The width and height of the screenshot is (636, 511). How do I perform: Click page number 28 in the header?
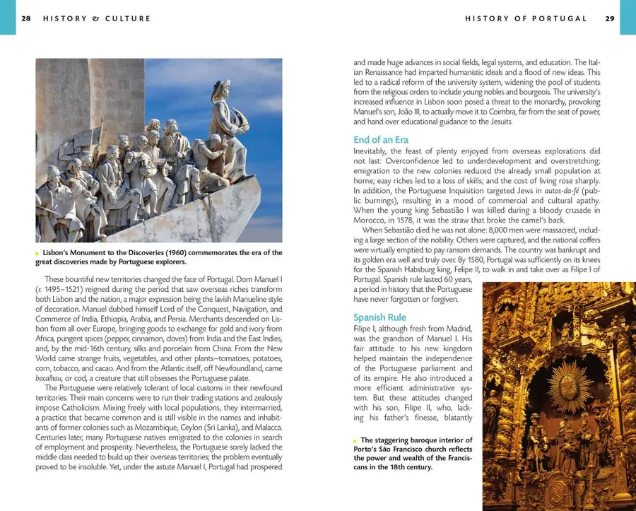click(x=26, y=18)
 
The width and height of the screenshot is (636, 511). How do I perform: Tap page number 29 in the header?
click(x=610, y=18)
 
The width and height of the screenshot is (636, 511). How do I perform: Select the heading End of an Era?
click(x=381, y=139)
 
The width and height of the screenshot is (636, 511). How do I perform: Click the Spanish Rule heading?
click(x=379, y=317)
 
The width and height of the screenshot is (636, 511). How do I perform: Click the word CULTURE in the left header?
click(x=129, y=18)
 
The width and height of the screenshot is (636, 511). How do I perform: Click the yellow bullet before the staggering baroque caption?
click(x=355, y=440)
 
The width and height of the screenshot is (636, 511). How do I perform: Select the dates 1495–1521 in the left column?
click(x=68, y=289)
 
